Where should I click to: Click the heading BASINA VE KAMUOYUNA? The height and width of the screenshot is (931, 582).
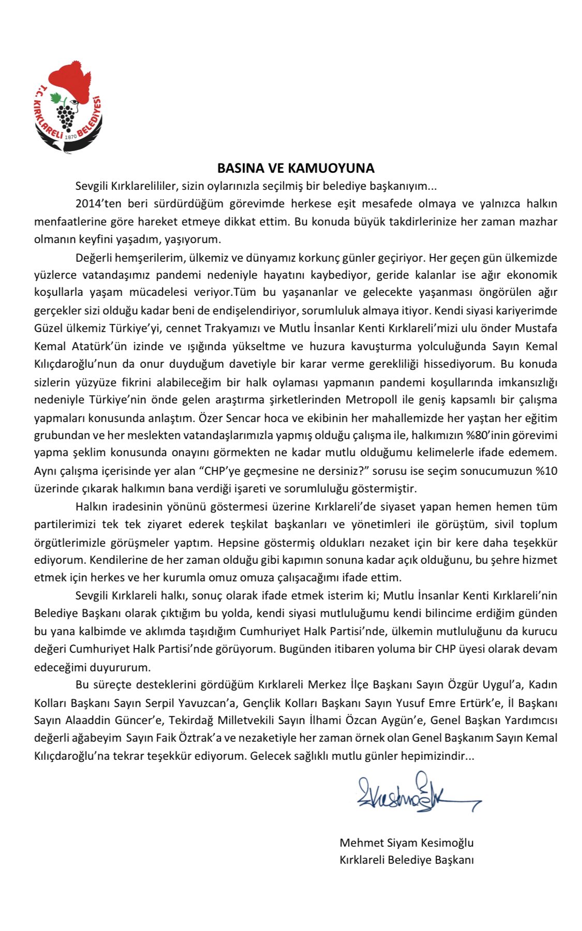(x=295, y=168)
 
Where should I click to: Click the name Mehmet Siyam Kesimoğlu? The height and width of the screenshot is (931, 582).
(x=406, y=843)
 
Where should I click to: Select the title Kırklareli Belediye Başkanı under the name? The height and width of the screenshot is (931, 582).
(x=406, y=860)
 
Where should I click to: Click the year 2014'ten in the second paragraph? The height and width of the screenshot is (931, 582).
(x=98, y=204)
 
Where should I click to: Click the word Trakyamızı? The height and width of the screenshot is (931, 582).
(x=235, y=328)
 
